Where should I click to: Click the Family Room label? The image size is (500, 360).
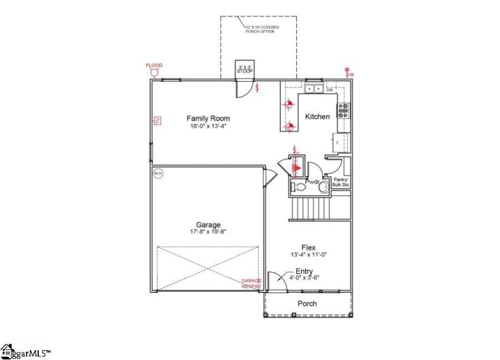click(208, 118)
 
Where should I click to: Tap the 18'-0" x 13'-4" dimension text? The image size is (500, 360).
click(208, 126)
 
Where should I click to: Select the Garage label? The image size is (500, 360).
click(208, 225)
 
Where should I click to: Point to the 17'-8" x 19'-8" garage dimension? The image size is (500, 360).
click(208, 232)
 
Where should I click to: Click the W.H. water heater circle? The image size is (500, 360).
click(157, 173)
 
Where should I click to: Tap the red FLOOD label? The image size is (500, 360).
click(154, 65)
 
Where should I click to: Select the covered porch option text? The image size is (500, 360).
click(262, 29)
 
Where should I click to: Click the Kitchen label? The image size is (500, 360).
click(317, 117)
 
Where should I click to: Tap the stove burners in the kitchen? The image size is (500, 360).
click(343, 111)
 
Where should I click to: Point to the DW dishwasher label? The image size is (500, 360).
click(329, 89)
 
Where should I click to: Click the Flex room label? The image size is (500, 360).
click(307, 247)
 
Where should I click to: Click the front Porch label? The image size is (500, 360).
click(307, 304)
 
